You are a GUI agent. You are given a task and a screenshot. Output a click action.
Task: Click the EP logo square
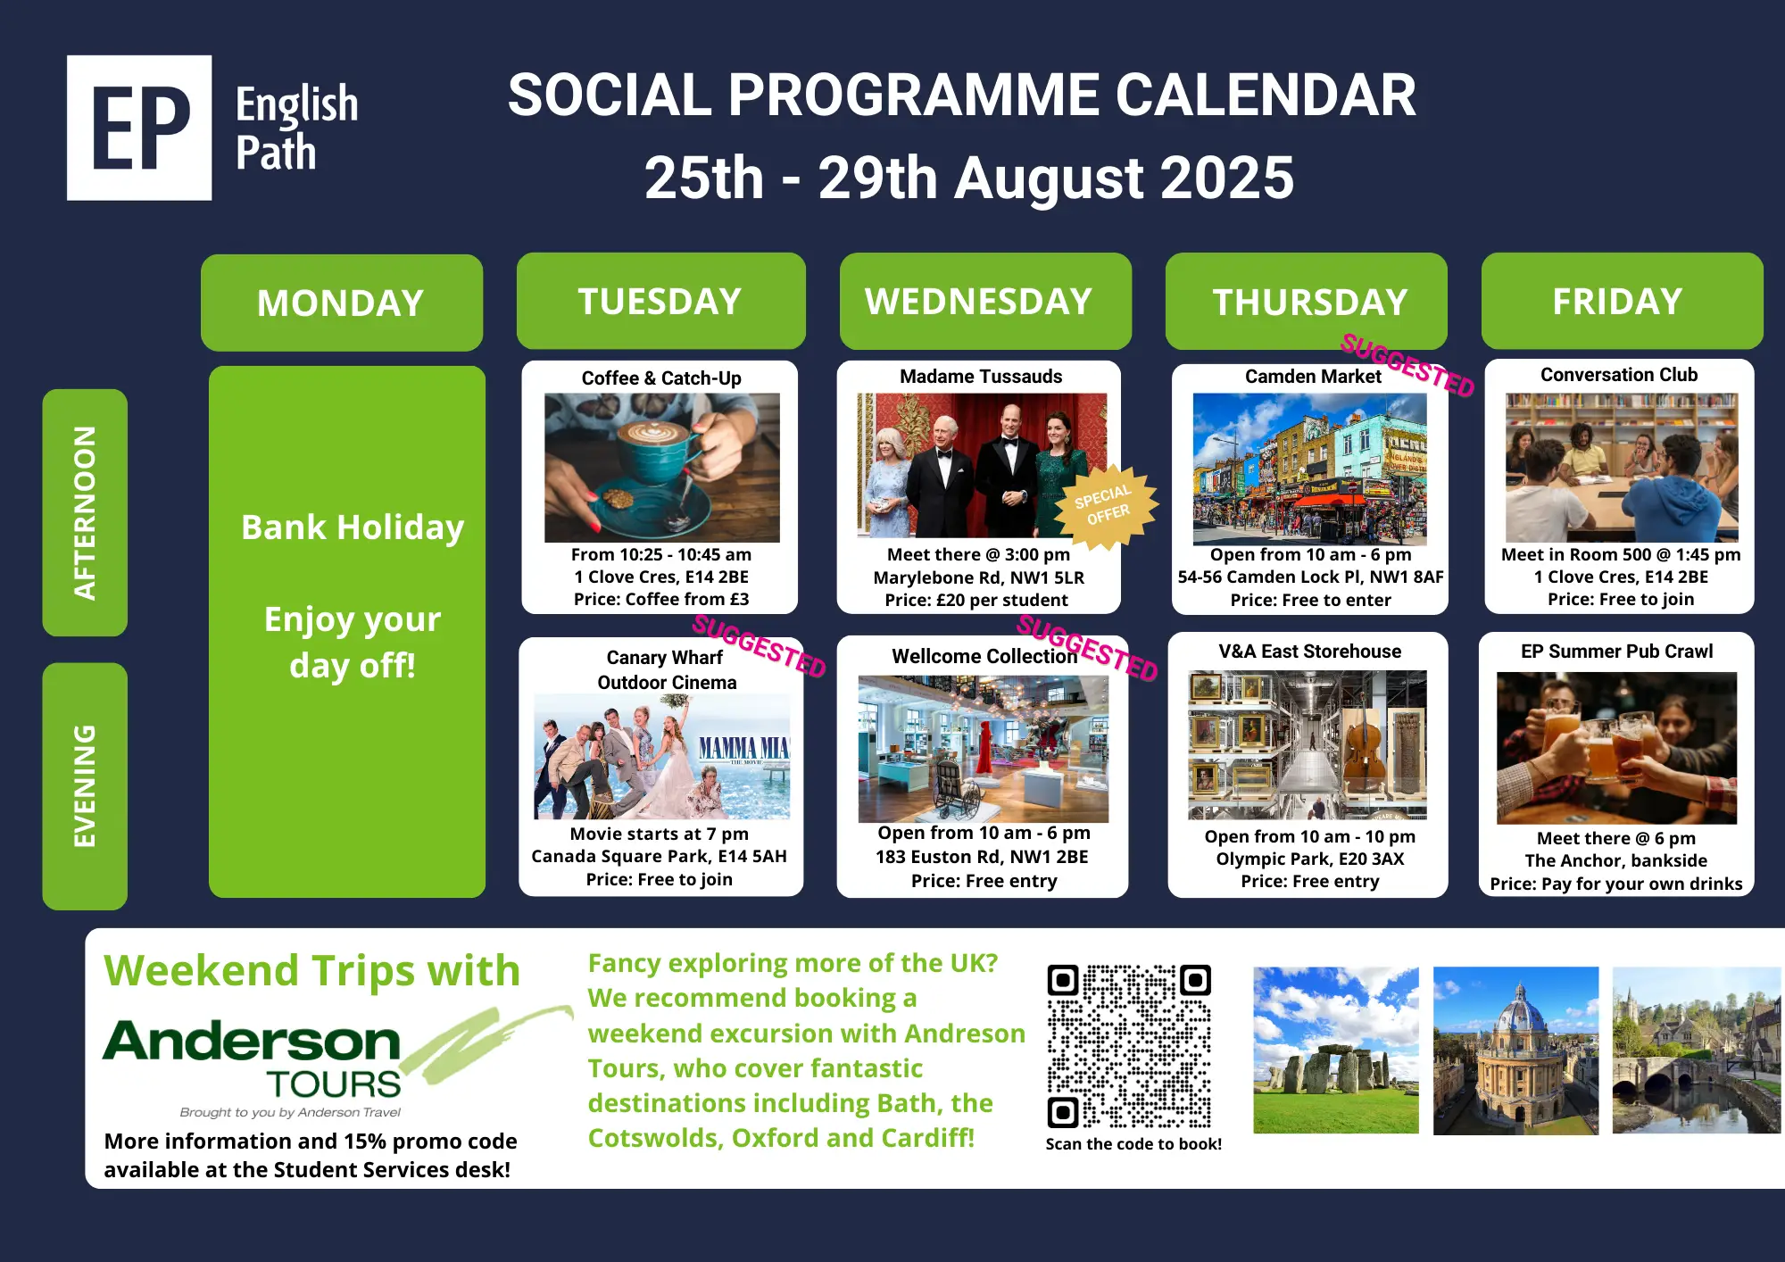[x=139, y=128]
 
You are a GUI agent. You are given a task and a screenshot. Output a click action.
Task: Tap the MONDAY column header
[x=342, y=303]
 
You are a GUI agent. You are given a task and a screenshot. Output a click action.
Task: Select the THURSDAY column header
[x=1307, y=302]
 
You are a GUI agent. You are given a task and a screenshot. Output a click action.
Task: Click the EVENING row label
[x=85, y=786]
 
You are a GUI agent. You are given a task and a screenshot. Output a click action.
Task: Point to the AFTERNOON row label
[x=85, y=512]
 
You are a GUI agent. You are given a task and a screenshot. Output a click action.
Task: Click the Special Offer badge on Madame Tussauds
[x=1106, y=506]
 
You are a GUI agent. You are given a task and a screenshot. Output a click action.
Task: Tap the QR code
[x=1129, y=1046]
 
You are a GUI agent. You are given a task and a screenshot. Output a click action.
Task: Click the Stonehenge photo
[x=1336, y=1050]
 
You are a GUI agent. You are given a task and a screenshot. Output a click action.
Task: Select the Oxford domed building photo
[x=1515, y=1050]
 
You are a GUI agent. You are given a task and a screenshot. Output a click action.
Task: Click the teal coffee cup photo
[x=662, y=468]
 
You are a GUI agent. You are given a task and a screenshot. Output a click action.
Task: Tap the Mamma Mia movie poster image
[x=662, y=757]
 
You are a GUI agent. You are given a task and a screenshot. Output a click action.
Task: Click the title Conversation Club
[x=1619, y=375]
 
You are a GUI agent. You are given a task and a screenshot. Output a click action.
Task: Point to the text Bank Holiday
[x=353, y=527]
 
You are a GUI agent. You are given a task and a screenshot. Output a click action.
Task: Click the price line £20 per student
[x=976, y=600]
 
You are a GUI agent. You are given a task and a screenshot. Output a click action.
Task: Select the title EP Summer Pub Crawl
[x=1617, y=652]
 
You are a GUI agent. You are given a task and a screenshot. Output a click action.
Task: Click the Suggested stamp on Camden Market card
[x=1407, y=365]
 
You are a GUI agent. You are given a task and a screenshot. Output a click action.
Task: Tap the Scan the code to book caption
[x=1133, y=1144]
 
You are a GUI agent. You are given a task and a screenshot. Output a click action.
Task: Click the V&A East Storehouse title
[x=1310, y=652]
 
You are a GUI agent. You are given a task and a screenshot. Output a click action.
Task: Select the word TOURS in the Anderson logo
[x=335, y=1083]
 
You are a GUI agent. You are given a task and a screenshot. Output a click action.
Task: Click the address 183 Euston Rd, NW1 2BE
[x=982, y=857]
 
